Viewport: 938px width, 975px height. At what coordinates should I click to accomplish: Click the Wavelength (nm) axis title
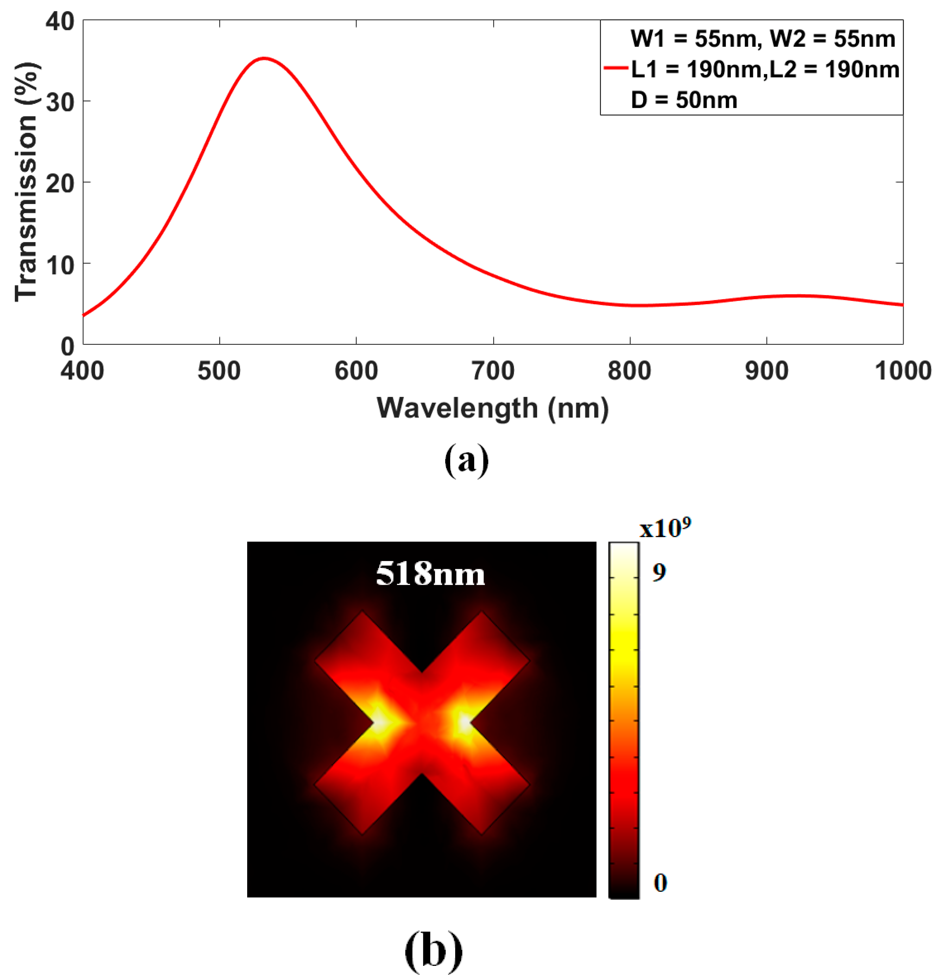(x=492, y=409)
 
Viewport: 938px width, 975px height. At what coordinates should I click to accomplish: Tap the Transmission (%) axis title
(x=26, y=183)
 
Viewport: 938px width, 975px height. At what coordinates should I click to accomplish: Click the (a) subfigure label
(x=466, y=460)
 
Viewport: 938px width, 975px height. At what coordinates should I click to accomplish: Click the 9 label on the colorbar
(x=659, y=573)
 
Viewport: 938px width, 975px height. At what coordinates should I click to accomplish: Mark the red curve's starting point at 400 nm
(x=84, y=315)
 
